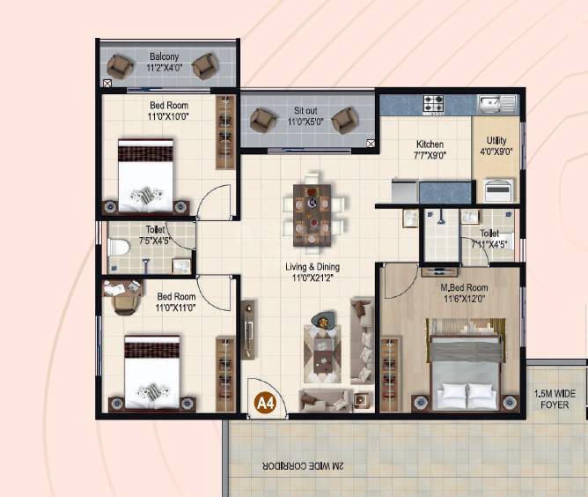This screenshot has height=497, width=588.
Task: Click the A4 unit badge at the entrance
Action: (x=263, y=403)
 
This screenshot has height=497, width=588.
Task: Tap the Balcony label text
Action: (x=164, y=57)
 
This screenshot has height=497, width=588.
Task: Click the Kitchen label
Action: (x=430, y=145)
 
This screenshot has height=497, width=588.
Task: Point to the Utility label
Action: (x=496, y=140)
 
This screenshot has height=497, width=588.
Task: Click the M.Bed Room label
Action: (x=466, y=288)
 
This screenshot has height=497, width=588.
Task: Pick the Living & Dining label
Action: (x=312, y=267)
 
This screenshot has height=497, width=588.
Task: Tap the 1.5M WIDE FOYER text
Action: (x=556, y=399)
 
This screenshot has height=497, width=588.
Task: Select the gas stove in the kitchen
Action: (x=433, y=104)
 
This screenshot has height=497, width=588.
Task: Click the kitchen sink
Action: (x=498, y=104)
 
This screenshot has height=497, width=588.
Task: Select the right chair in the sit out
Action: (x=344, y=120)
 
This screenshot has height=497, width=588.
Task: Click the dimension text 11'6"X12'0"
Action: (x=466, y=300)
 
